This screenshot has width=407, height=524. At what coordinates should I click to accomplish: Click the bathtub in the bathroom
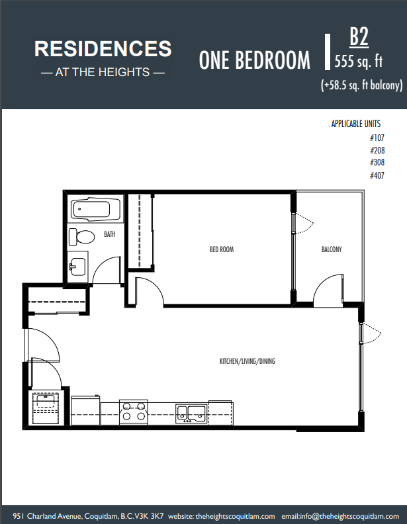[x=95, y=210]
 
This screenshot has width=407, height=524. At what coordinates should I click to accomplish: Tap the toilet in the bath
[x=82, y=237]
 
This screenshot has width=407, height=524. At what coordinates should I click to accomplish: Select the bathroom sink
[x=77, y=267]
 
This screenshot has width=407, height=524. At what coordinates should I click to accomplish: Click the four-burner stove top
[x=134, y=412]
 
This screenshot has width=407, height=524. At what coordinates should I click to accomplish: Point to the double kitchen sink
[x=191, y=414]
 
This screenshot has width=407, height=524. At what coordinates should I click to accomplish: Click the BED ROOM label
[x=222, y=249]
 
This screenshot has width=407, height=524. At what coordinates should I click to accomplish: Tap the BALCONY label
[x=332, y=249]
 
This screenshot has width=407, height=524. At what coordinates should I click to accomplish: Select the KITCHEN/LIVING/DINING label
[x=248, y=361]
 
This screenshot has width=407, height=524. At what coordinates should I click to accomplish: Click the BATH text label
[x=110, y=234]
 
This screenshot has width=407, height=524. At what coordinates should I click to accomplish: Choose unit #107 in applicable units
[x=377, y=138]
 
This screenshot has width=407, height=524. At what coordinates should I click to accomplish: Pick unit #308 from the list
[x=377, y=162]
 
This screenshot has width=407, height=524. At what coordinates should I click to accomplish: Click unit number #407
[x=377, y=175]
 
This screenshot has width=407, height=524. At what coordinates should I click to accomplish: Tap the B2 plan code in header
[x=359, y=36]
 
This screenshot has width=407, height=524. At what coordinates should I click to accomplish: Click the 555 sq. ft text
[x=359, y=61]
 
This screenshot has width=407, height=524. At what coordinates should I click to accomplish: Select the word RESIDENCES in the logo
[x=103, y=49]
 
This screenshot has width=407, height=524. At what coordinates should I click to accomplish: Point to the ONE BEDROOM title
[x=255, y=60]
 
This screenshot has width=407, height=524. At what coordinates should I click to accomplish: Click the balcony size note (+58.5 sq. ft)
[x=361, y=85]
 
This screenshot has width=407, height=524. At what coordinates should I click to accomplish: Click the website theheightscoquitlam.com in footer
[x=235, y=516]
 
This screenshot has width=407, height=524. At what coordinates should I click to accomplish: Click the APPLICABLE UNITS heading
[x=356, y=124]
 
